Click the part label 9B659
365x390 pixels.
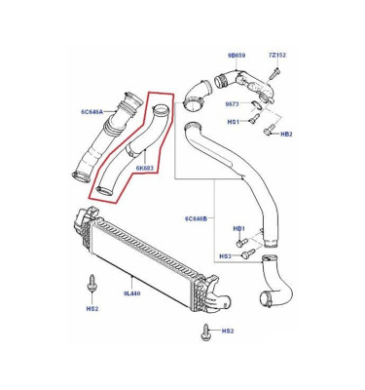click(236, 56)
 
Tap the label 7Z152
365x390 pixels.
click(277, 56)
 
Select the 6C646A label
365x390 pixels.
click(91, 112)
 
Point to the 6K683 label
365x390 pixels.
click(144, 168)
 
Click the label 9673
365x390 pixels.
click(232, 104)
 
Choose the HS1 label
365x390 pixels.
click(233, 122)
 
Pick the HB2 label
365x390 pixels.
click(286, 134)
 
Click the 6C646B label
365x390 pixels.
click(196, 218)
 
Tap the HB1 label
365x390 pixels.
click(239, 229)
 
